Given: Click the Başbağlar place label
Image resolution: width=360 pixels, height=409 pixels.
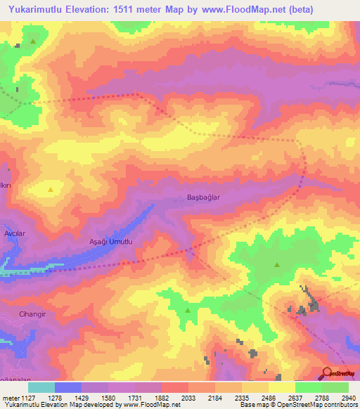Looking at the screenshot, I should tap(203, 197).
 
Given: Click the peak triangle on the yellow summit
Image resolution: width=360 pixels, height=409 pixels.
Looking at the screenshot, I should tap(50, 190).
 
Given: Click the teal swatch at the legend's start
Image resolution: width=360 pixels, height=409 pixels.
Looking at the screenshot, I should tap(41, 387).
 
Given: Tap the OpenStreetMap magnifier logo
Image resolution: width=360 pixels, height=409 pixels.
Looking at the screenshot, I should tap(328, 372).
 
